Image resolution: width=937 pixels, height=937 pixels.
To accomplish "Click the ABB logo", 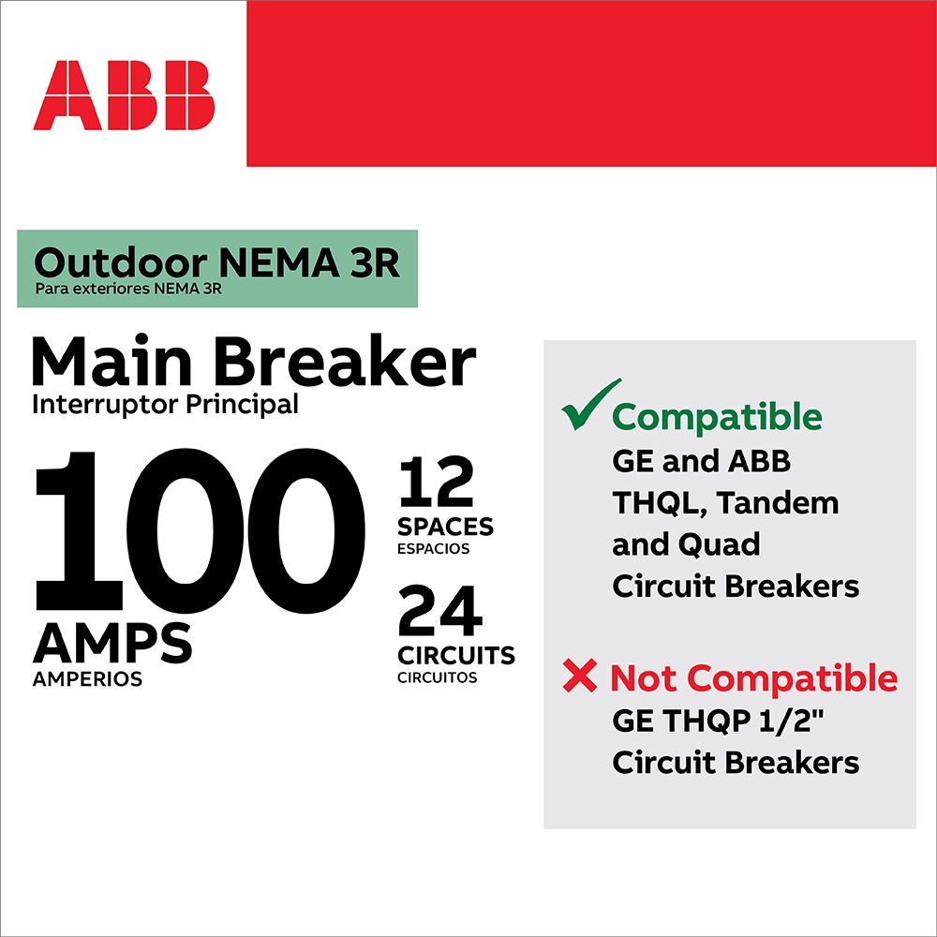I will click(x=124, y=96).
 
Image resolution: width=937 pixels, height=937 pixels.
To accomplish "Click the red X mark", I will click(x=580, y=677).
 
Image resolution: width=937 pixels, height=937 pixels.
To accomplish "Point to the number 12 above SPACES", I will click(x=437, y=483).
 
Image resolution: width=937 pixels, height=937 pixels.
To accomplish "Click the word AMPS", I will click(x=112, y=644).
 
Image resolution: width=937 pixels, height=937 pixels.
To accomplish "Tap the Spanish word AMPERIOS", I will click(x=87, y=679).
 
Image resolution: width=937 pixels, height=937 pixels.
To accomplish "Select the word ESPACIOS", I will click(x=434, y=549).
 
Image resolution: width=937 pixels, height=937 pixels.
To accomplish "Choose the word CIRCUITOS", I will click(x=438, y=677).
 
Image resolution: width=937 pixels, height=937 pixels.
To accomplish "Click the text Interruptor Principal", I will click(x=165, y=405).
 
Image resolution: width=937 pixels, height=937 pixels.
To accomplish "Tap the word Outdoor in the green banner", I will click(x=97, y=263).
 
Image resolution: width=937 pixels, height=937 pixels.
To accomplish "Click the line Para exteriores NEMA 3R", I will click(x=128, y=289).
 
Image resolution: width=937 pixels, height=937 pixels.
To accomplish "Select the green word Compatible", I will click(x=718, y=417).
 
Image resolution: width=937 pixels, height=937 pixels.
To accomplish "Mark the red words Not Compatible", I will click(x=753, y=677).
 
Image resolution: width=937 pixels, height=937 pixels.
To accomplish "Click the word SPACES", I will click(x=446, y=526).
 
